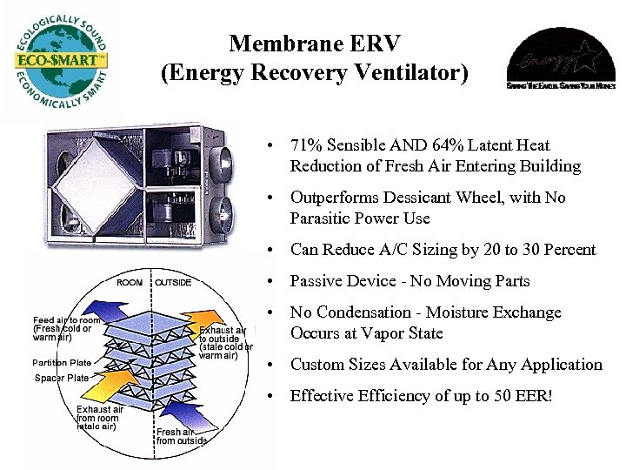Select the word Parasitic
(x=323, y=218)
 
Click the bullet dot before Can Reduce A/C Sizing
(x=272, y=251)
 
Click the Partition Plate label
(x=61, y=363)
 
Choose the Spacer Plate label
(x=61, y=378)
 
